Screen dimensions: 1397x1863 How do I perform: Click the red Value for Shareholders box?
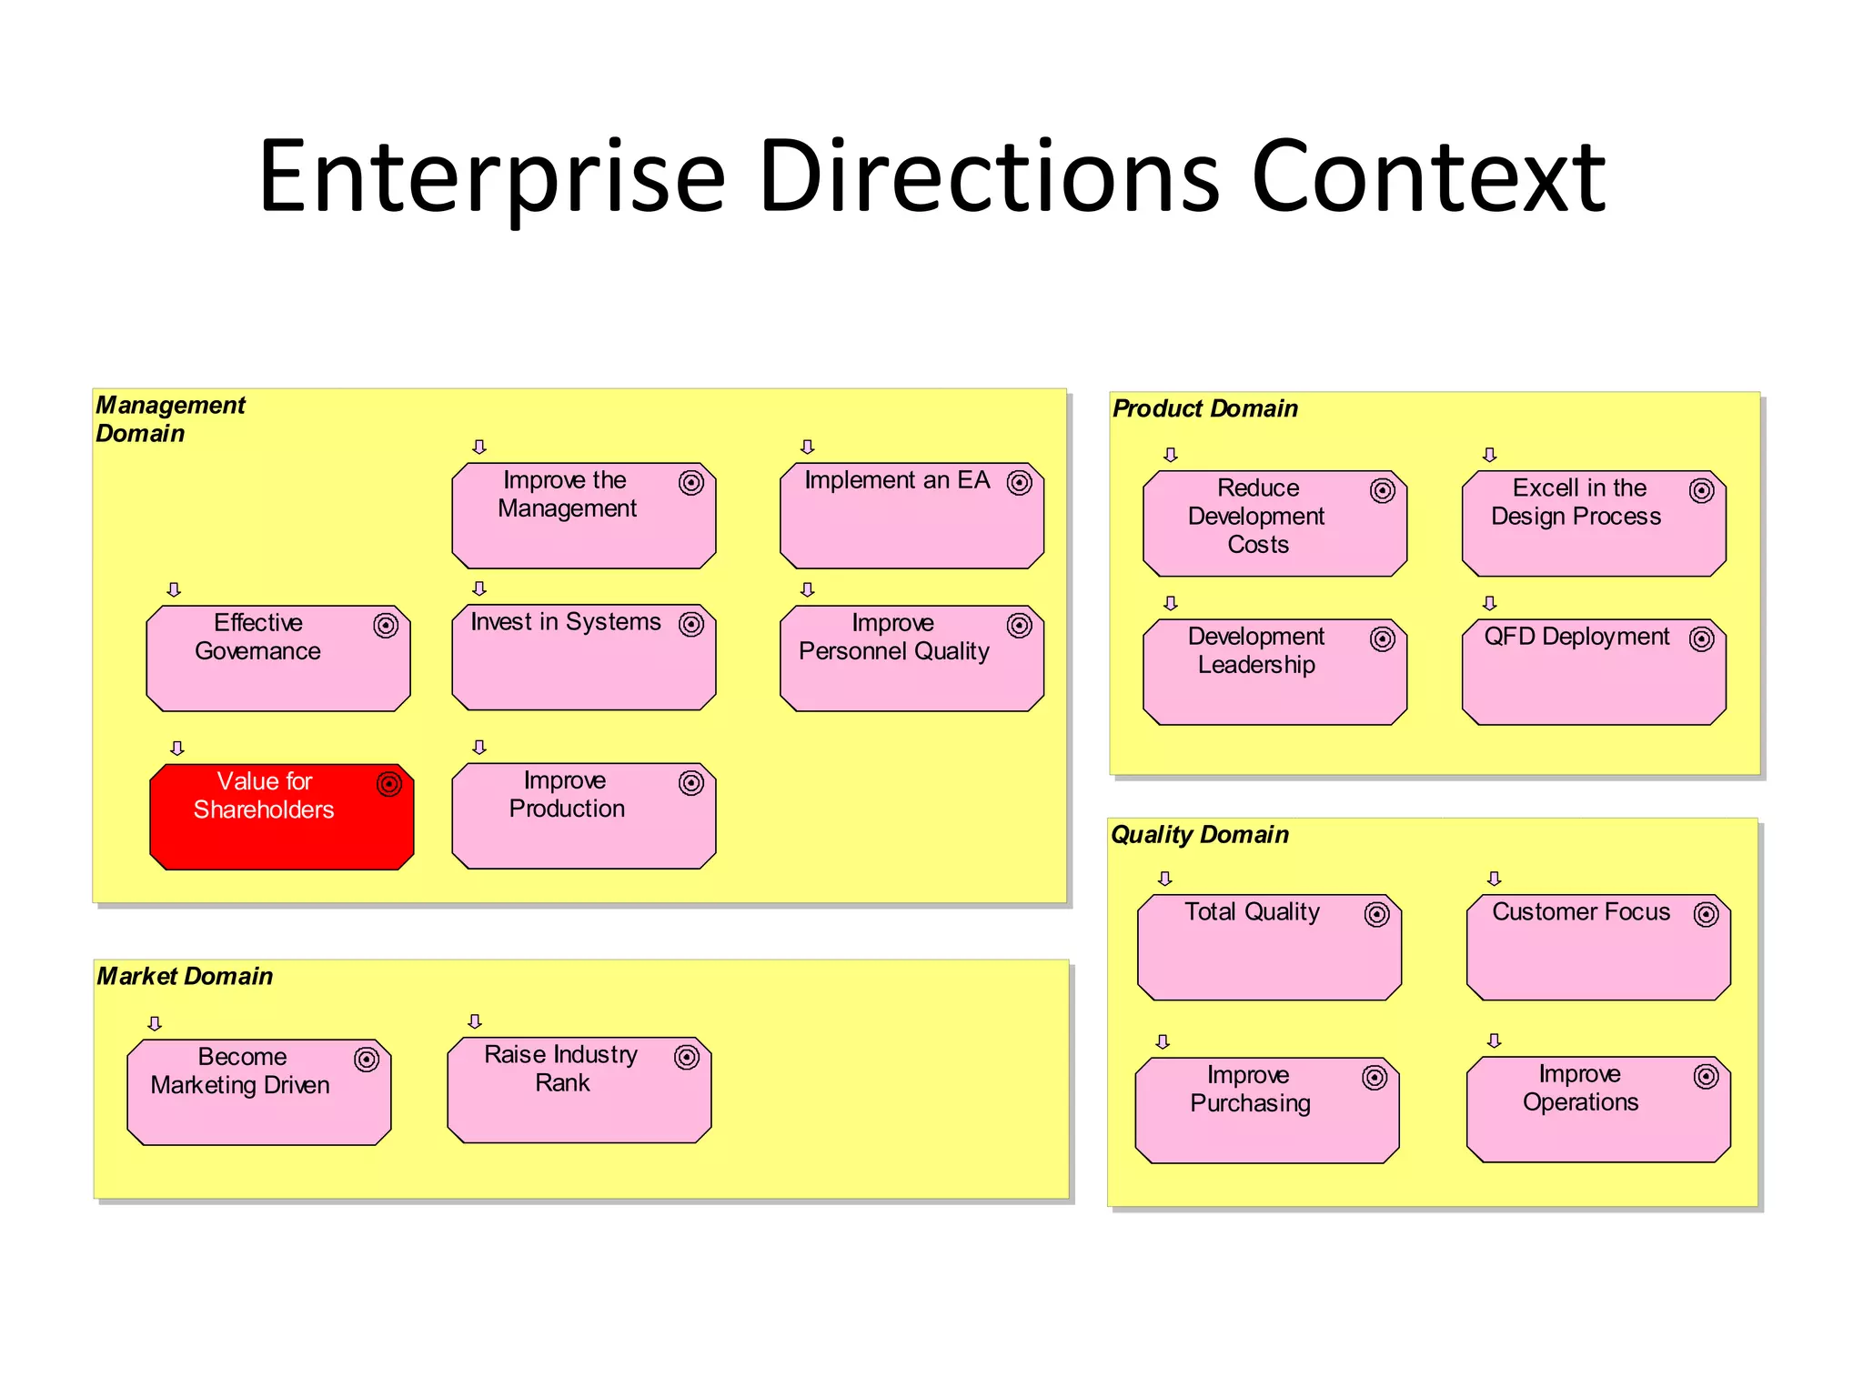[282, 817]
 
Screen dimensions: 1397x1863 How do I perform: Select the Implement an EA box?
[911, 516]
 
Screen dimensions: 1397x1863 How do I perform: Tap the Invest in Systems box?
[583, 658]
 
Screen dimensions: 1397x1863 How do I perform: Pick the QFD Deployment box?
[1594, 672]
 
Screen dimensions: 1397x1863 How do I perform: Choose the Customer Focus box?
[1598, 947]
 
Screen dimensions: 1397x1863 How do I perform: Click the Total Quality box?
[1269, 947]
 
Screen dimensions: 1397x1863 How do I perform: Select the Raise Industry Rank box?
[579, 1090]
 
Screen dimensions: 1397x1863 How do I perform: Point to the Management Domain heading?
[170, 418]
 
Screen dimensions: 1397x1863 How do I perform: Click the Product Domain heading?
[1204, 408]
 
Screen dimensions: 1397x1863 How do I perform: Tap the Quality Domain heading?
[1199, 834]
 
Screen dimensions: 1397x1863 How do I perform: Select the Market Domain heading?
[185, 976]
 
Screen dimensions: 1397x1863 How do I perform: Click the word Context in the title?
[1428, 177]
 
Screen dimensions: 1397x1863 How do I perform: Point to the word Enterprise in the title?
[491, 177]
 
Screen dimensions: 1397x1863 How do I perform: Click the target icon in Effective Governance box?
[386, 626]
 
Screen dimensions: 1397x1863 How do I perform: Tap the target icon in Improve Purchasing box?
[1375, 1078]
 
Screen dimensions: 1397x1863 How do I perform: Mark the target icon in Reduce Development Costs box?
[1383, 491]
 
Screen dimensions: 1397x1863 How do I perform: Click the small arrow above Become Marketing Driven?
[155, 1023]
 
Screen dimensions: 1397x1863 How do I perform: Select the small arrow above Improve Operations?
[1494, 1040]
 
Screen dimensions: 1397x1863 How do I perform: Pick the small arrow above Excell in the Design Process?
[1489, 455]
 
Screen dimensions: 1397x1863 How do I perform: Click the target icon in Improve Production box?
[691, 783]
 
